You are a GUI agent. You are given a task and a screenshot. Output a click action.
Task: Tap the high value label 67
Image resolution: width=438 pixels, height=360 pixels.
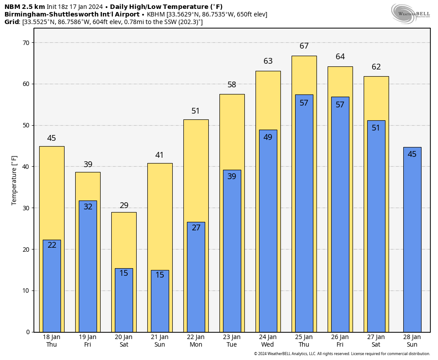coord(304,46)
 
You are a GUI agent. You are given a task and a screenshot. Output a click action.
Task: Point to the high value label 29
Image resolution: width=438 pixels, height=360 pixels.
coord(124,205)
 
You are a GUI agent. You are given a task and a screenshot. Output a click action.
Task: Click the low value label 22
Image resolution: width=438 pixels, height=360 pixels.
coord(52,245)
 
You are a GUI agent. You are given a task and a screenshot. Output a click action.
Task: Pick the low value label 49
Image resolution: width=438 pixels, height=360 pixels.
coord(268,137)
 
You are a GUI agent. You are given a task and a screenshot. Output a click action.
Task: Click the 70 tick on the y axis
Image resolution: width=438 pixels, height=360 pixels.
coord(25,43)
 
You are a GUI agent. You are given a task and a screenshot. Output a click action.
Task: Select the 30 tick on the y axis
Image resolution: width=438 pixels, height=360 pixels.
coord(25,208)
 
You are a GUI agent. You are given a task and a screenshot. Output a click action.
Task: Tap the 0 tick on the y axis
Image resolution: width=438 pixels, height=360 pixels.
coord(28,332)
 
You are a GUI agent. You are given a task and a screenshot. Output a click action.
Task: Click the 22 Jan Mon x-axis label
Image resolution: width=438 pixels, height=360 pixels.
coord(196,341)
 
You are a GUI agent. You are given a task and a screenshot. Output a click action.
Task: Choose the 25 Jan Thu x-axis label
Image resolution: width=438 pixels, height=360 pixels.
coord(304,341)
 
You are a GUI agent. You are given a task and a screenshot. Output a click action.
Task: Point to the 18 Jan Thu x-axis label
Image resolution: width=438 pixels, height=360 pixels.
coord(52,341)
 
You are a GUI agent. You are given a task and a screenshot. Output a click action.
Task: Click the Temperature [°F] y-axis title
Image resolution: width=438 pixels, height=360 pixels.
coord(15,180)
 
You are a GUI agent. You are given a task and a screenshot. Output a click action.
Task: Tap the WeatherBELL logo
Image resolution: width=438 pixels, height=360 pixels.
coord(410,13)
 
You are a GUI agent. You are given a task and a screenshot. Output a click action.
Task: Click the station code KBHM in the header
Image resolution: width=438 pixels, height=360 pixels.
coord(156,14)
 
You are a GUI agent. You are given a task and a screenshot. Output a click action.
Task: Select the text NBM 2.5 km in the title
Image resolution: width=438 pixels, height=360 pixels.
coord(24,7)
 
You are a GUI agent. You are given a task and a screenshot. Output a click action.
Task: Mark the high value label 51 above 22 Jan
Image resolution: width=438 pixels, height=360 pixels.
coord(196,111)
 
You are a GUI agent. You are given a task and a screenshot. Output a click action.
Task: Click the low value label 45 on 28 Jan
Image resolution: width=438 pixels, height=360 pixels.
coord(412,154)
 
